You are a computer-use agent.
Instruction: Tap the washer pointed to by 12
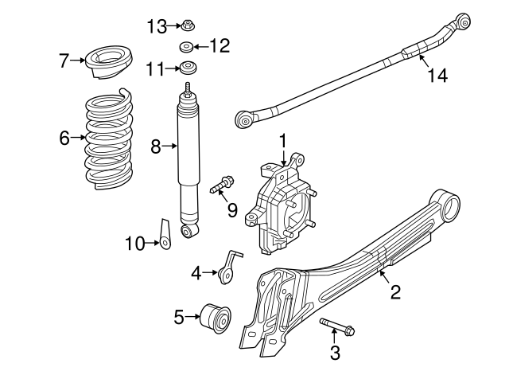click(186, 46)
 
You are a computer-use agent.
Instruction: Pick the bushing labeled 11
click(188, 68)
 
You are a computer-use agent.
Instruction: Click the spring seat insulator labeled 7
click(110, 63)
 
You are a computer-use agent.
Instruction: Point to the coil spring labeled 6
click(110, 139)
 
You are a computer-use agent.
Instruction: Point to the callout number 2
click(394, 292)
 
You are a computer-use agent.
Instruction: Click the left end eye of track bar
click(245, 119)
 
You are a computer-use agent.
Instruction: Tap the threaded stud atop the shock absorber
click(188, 88)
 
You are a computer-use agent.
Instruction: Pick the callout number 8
click(156, 146)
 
